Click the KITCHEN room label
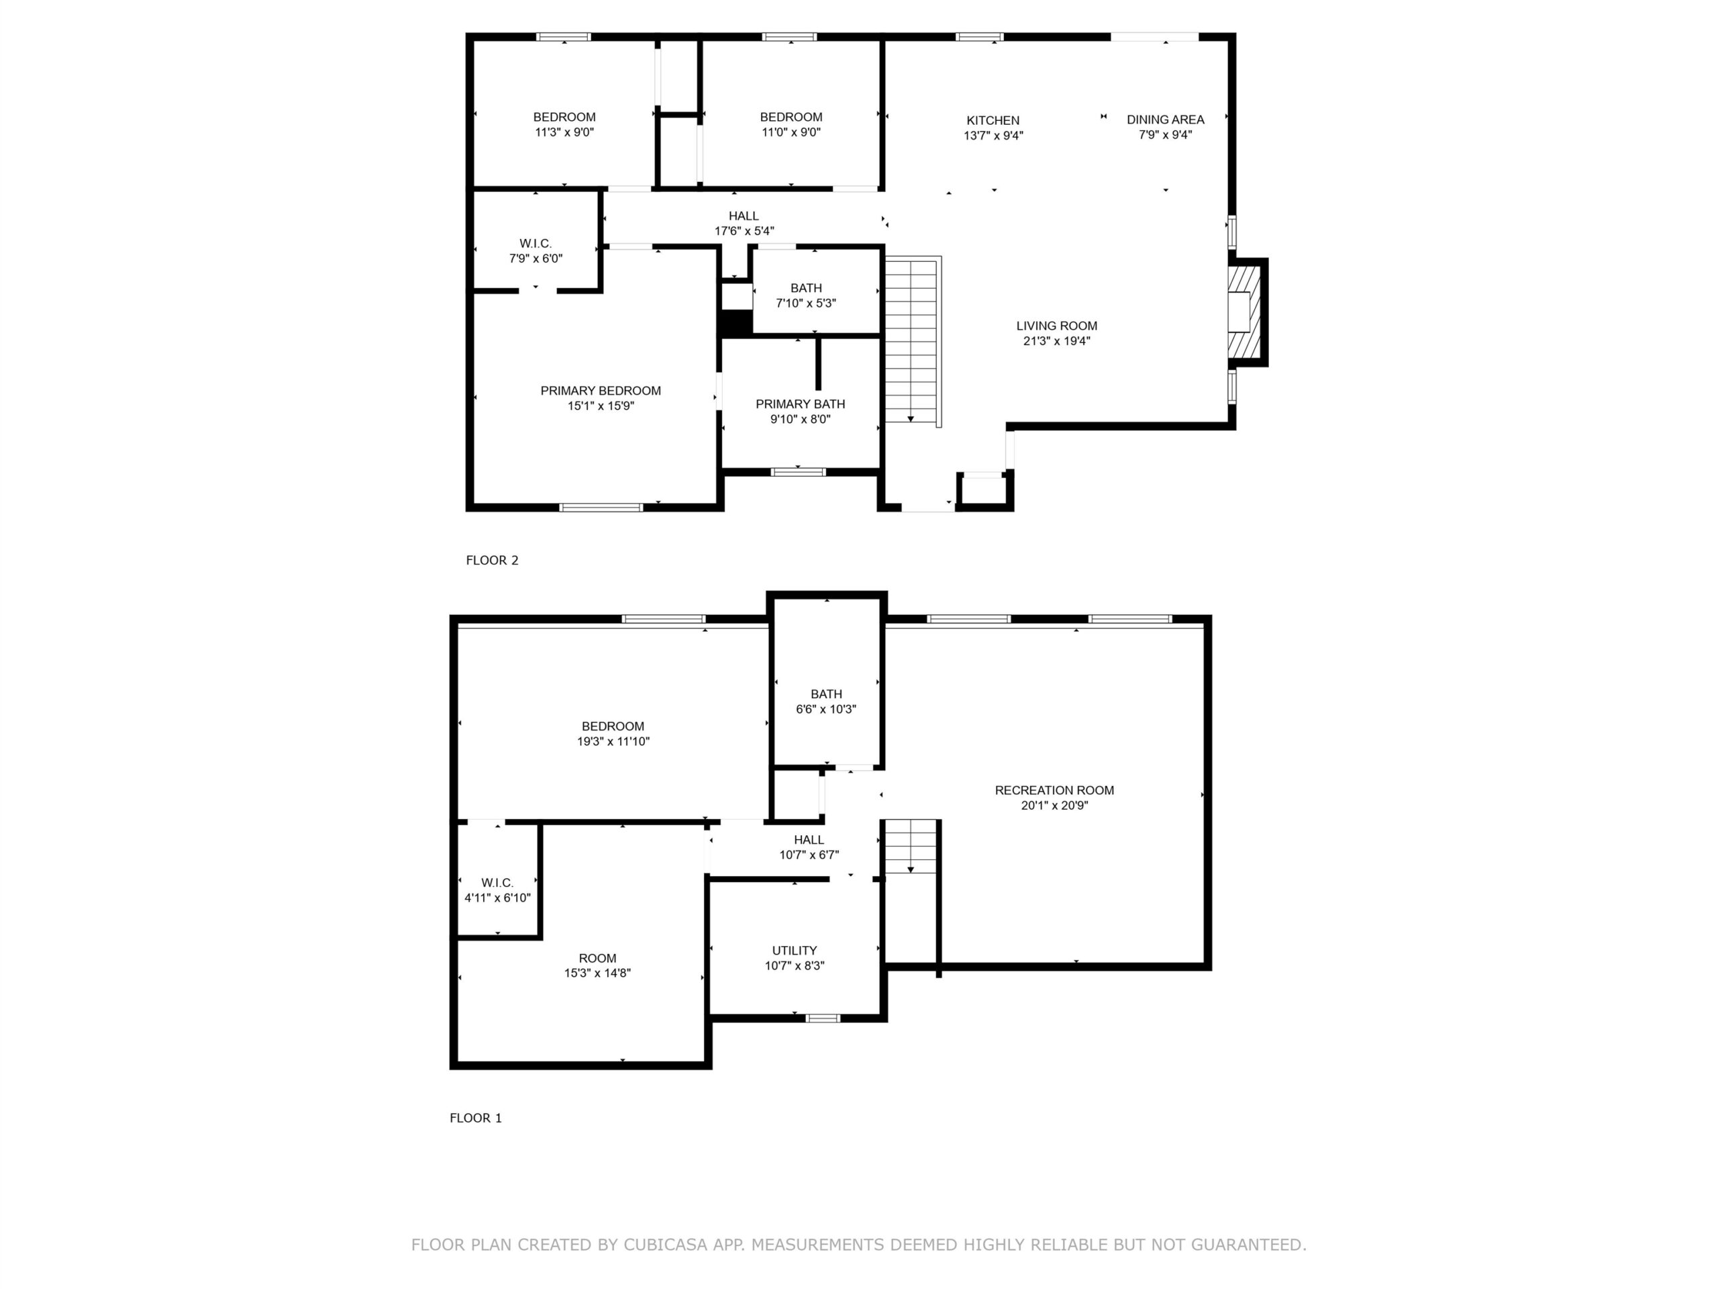click(x=993, y=120)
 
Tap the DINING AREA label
click(x=1165, y=120)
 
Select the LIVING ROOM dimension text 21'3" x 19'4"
click(x=1056, y=341)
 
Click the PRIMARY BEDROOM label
click(x=601, y=391)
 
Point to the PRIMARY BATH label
click(x=800, y=404)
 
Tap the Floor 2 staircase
click(x=913, y=341)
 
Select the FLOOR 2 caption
click(x=492, y=560)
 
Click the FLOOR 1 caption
click(x=475, y=1118)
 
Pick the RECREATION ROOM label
click(x=1054, y=790)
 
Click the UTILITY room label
click(x=794, y=950)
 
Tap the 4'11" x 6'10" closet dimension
click(x=497, y=898)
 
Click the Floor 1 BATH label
click(x=825, y=694)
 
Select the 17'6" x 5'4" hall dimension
click(x=744, y=231)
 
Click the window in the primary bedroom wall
click(x=601, y=508)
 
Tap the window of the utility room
click(x=823, y=1018)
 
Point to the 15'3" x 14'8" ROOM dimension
click(x=597, y=973)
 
